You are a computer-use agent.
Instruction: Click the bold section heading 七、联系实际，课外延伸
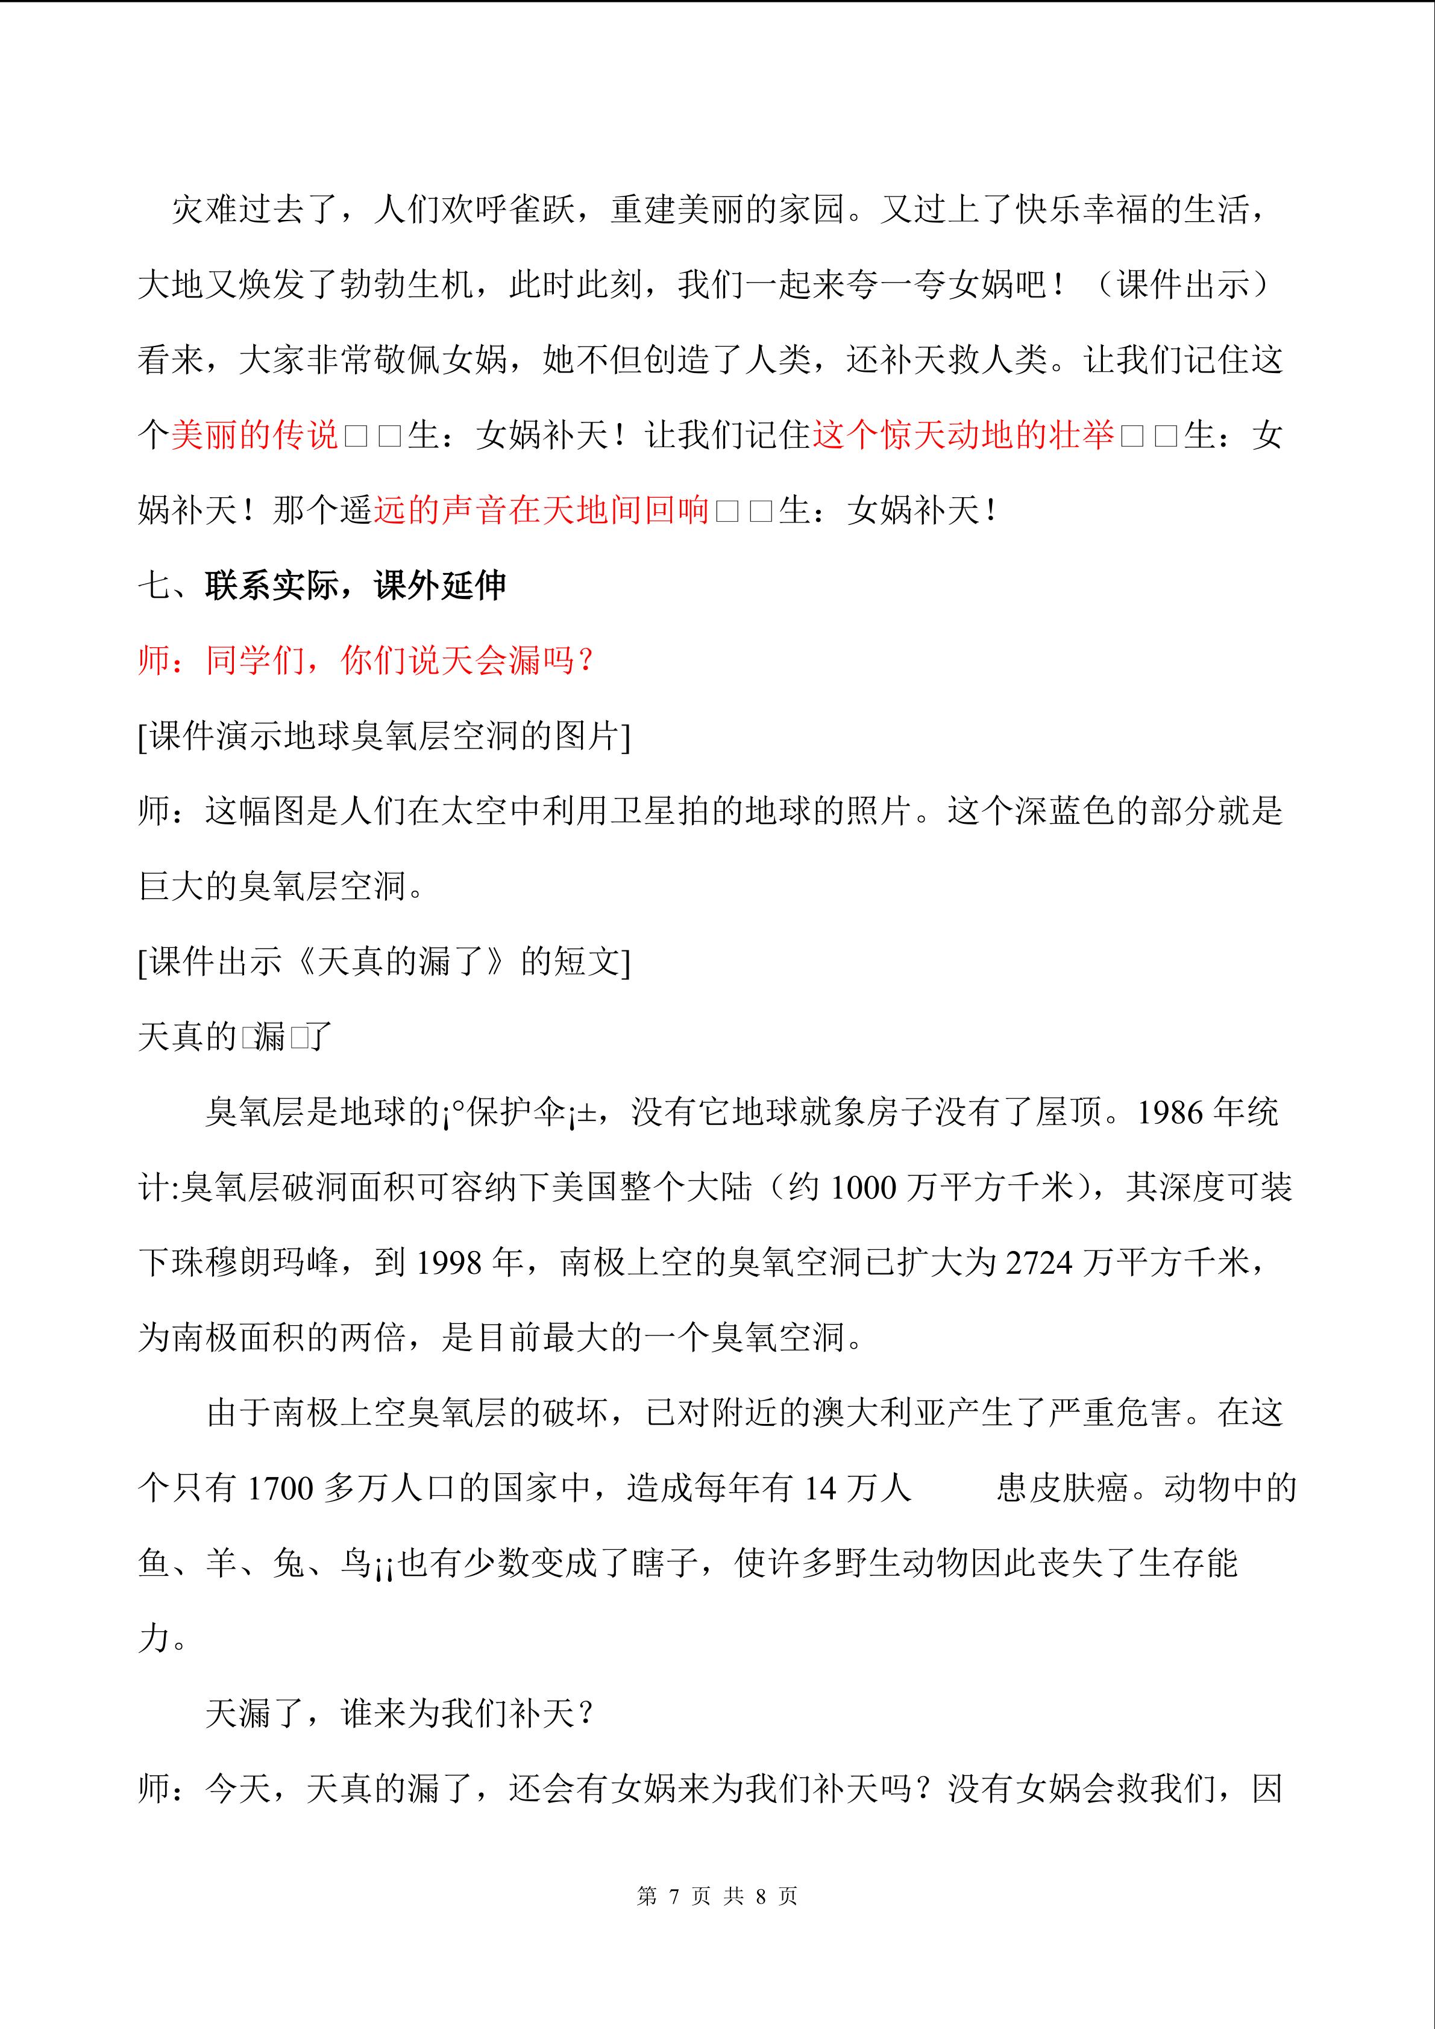point(322,585)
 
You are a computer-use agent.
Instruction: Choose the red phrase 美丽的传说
point(254,435)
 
